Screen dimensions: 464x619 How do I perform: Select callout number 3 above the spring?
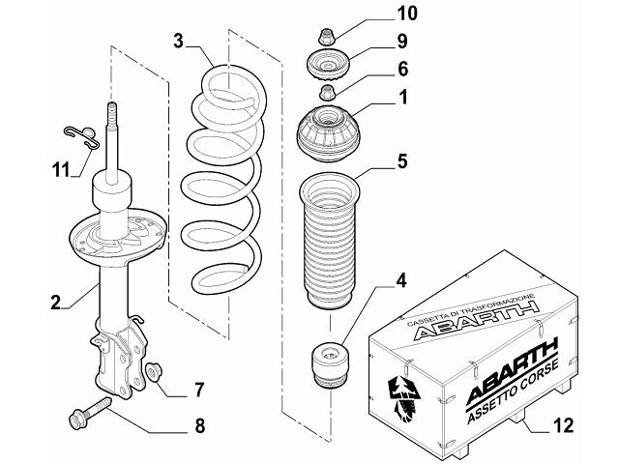[179, 41]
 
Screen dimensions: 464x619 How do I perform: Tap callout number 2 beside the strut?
[59, 303]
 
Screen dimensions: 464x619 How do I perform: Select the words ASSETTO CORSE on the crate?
[508, 391]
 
